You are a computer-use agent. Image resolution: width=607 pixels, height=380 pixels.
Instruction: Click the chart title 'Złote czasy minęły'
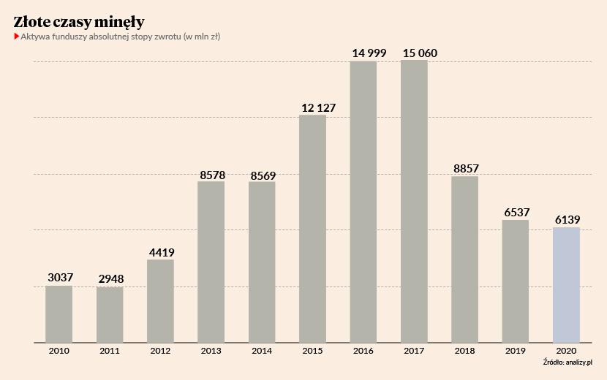pos(79,21)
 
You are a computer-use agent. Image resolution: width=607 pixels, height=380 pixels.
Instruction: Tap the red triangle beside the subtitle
pos(16,37)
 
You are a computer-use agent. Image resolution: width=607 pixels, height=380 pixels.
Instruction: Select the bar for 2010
pos(59,313)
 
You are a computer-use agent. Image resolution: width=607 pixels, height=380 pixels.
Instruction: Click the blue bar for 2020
pos(566,284)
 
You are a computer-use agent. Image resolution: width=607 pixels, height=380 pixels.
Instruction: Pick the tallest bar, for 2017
pos(414,201)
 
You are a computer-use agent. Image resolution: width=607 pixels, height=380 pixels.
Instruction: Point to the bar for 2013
pos(211,262)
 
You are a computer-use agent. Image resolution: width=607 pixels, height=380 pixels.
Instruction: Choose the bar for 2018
pos(464,259)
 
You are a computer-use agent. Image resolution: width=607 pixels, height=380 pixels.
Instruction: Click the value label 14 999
pos(363,52)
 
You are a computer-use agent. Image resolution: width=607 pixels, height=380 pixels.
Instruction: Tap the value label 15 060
pos(414,52)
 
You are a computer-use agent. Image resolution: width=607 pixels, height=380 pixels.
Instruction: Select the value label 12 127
pos(313,107)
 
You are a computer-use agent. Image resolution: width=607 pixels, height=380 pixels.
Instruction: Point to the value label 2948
pos(110,280)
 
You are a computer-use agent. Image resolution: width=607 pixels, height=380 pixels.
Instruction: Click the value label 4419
pos(160,253)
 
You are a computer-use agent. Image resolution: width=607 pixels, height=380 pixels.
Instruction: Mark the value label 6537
pos(516,213)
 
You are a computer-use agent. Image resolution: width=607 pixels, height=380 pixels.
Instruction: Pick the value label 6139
pos(566,220)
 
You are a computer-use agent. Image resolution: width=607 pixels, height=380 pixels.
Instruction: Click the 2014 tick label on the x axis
pos(262,351)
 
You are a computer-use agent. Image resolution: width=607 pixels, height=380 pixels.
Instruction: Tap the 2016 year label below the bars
pos(363,351)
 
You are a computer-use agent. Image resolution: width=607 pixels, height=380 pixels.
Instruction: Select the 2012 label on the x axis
pos(160,351)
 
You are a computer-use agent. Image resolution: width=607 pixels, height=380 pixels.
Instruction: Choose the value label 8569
pos(262,175)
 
